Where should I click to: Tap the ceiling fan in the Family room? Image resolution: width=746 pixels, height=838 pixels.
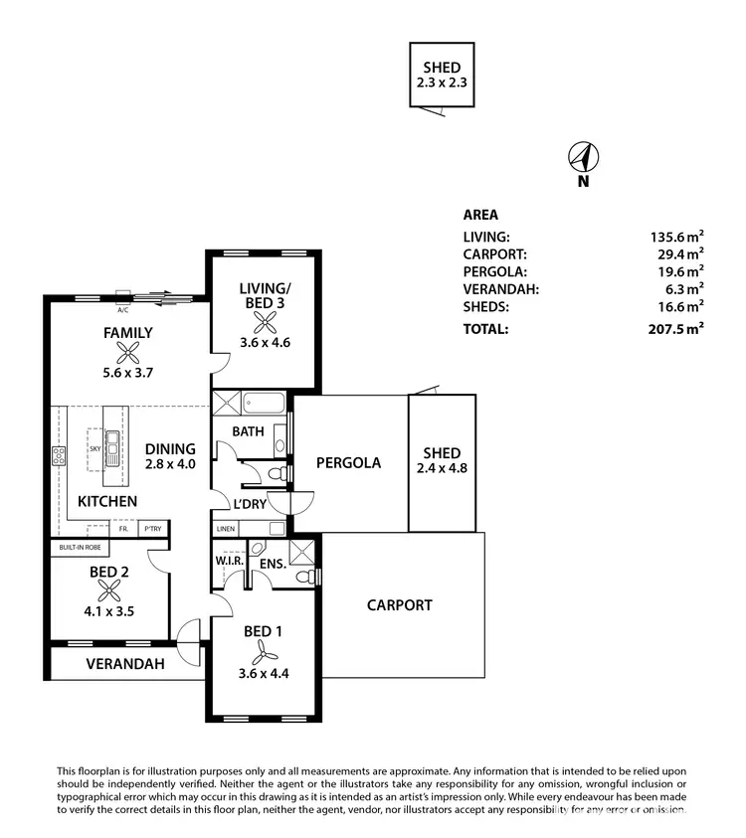[x=128, y=353]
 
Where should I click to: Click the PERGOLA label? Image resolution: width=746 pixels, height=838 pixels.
[x=348, y=462]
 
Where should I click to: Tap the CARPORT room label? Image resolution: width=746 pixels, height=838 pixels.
[x=399, y=604]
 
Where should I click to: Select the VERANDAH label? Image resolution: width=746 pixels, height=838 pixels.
[x=124, y=664]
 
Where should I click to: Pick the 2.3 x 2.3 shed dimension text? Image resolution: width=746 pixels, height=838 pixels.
[x=442, y=84]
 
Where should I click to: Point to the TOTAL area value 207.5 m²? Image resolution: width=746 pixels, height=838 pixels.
[x=675, y=328]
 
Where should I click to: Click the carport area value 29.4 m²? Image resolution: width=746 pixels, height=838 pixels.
[x=679, y=253]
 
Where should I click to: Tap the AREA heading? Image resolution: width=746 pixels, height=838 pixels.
[x=480, y=214]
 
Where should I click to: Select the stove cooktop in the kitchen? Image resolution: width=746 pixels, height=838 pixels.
[x=59, y=457]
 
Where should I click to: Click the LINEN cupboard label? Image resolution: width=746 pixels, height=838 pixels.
[x=226, y=529]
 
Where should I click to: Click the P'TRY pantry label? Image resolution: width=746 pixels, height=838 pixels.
[x=152, y=529]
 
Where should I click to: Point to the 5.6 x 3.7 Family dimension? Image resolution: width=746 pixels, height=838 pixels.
[x=128, y=374]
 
